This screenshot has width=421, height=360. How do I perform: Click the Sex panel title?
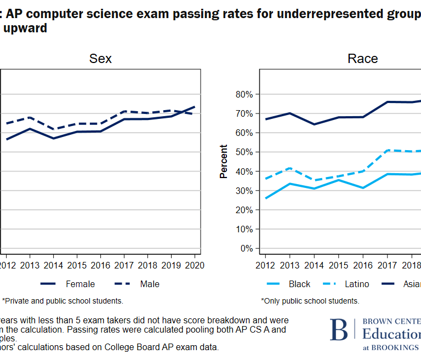click(100, 59)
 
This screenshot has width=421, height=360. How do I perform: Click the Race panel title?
click(362, 59)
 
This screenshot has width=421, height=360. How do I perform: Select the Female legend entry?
click(80, 284)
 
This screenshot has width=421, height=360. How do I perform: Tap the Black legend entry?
click(299, 284)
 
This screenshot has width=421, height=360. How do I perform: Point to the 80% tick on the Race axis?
click(243, 94)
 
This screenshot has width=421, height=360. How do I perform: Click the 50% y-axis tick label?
click(243, 152)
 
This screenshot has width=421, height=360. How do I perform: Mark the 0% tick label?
click(246, 248)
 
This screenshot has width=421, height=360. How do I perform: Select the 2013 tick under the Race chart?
click(290, 265)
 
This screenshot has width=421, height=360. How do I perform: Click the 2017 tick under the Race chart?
click(387, 265)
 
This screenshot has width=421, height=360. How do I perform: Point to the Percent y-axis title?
click(224, 161)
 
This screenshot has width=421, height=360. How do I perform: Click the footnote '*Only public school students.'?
click(310, 301)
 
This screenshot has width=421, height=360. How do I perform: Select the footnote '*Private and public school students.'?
click(62, 301)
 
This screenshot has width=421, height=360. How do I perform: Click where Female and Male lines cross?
click(188, 111)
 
